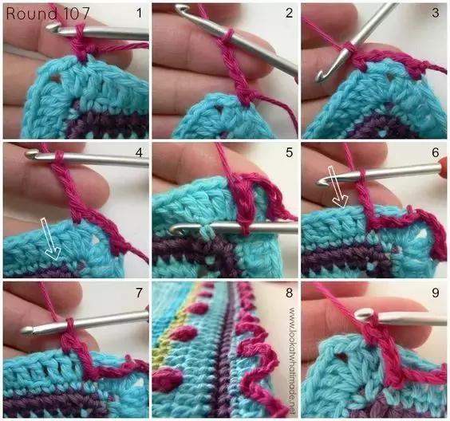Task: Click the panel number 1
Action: (x=139, y=14)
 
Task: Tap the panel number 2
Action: (x=289, y=14)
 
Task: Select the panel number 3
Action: (x=436, y=14)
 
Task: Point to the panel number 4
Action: (x=139, y=152)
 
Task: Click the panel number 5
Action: (x=290, y=152)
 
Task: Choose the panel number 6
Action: (x=436, y=152)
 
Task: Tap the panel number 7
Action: (x=139, y=293)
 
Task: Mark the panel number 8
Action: (x=290, y=293)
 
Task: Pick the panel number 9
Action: (x=436, y=293)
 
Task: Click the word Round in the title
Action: (x=32, y=14)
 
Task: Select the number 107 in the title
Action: (x=77, y=14)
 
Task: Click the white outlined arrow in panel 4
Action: (x=51, y=239)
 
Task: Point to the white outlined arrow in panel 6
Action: (x=337, y=187)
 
